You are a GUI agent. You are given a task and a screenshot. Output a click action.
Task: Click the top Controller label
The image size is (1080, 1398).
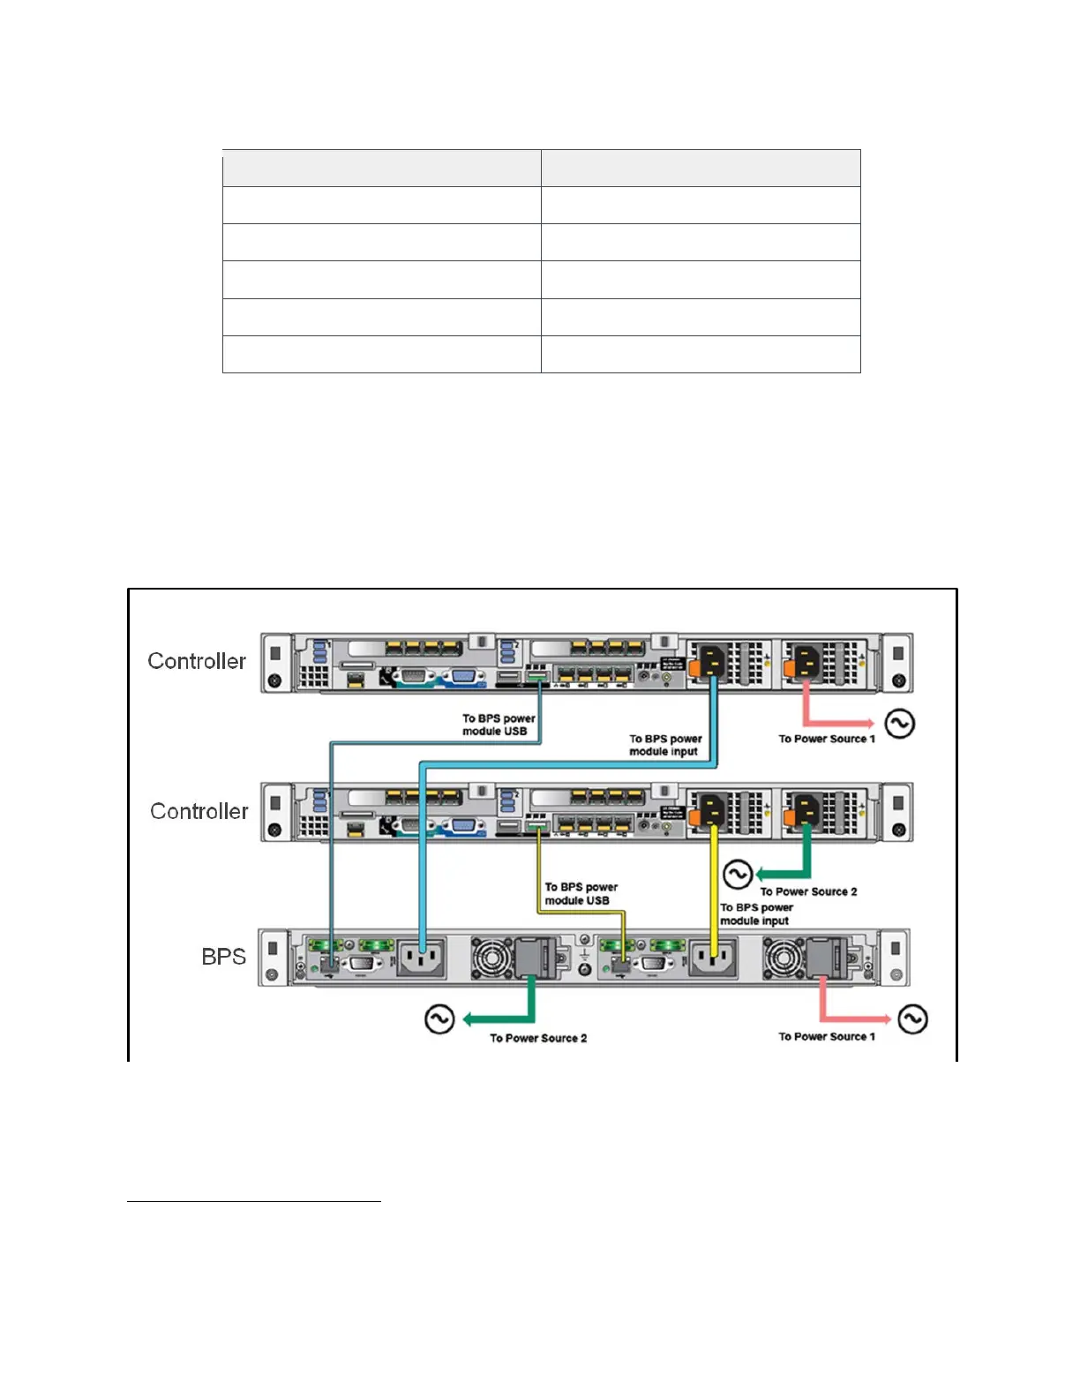(x=197, y=661)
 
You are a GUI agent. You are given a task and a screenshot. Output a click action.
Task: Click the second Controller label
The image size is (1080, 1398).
(x=199, y=811)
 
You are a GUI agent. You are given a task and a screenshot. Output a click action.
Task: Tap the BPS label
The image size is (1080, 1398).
(x=223, y=957)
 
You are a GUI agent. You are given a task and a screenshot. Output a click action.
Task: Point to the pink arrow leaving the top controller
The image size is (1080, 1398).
(x=834, y=719)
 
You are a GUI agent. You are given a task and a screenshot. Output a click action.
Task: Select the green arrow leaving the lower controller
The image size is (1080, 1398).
(x=785, y=872)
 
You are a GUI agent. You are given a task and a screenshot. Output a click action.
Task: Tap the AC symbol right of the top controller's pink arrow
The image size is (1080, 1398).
(x=899, y=724)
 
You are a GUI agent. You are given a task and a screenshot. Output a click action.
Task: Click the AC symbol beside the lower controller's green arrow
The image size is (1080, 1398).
(x=738, y=874)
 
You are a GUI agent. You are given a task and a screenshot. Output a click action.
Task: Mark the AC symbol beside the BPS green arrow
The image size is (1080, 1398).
(x=439, y=1018)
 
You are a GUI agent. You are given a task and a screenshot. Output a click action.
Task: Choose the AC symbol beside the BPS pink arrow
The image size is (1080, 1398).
(x=912, y=1018)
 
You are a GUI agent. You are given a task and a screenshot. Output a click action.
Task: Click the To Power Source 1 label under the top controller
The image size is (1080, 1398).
(x=827, y=739)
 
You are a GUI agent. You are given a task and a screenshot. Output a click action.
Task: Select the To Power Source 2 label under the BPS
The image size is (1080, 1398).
(x=538, y=1038)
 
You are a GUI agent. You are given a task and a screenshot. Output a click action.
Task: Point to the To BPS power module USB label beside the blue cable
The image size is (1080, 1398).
(x=499, y=725)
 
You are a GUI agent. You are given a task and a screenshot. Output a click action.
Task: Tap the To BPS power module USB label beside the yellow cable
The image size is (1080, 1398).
(x=581, y=893)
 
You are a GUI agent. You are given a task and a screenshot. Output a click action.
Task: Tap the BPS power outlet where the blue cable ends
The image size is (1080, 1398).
(x=422, y=958)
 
